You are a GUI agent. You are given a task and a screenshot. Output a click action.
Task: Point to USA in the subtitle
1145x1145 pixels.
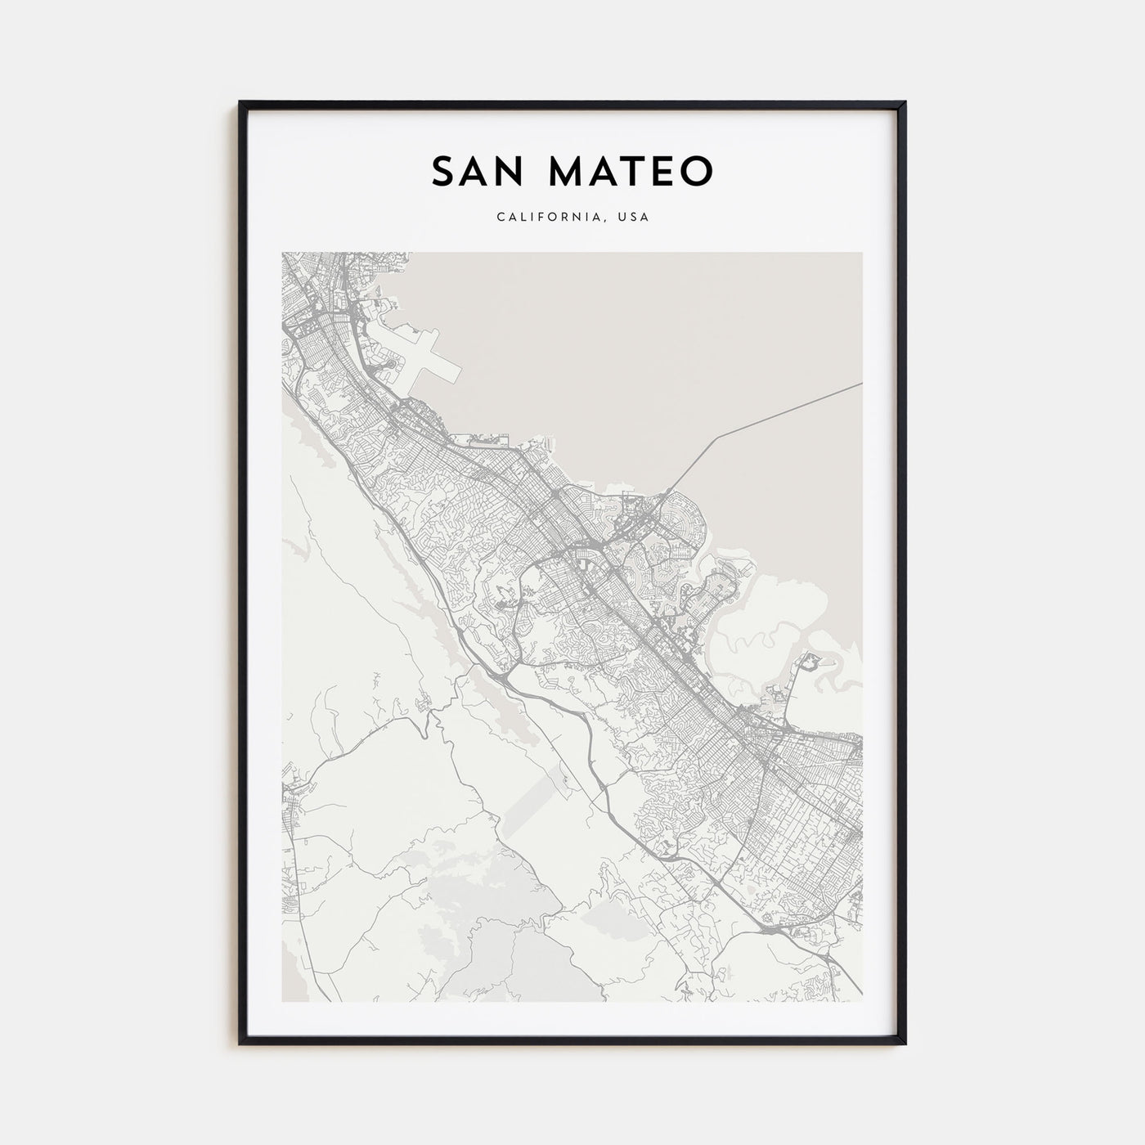(x=634, y=218)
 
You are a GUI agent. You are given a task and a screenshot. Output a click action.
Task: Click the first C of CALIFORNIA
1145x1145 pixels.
(x=499, y=218)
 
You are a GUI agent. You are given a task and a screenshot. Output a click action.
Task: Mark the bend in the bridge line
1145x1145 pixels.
(x=719, y=437)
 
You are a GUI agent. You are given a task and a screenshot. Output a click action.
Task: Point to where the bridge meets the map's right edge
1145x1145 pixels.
(x=861, y=383)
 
